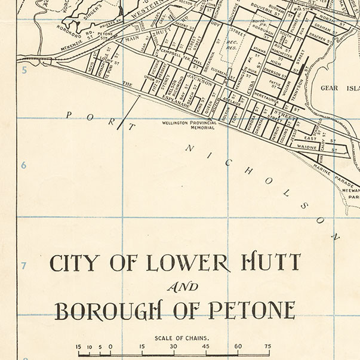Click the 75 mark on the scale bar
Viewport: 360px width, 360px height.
tap(267, 346)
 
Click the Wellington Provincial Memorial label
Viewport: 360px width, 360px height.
tap(190, 125)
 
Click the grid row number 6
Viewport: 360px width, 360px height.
tap(24, 165)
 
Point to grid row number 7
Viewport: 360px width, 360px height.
tap(24, 265)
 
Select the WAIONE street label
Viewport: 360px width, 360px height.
tap(306, 146)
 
